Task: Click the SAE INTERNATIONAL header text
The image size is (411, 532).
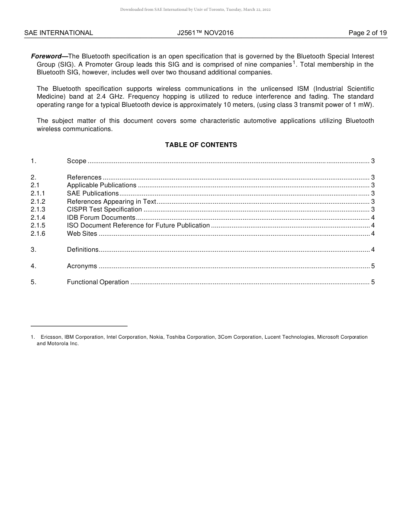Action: click(58, 33)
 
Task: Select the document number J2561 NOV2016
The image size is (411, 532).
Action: click(205, 33)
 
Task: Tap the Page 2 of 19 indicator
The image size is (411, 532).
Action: click(367, 33)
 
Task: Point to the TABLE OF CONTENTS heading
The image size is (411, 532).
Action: click(201, 145)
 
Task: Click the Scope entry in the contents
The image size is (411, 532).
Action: click(77, 161)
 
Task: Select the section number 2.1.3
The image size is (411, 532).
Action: click(38, 209)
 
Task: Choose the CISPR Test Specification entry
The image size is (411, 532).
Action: click(104, 209)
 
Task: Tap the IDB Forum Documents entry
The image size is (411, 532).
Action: click(101, 218)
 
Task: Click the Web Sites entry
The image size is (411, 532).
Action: click(82, 234)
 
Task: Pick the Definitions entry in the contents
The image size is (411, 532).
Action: click(83, 250)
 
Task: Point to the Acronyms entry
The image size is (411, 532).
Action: click(82, 266)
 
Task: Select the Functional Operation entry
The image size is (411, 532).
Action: click(98, 282)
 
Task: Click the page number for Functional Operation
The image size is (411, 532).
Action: click(372, 282)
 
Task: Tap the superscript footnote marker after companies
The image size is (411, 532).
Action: click(294, 62)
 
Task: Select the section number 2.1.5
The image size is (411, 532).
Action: click(38, 225)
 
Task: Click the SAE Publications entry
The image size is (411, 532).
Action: click(93, 193)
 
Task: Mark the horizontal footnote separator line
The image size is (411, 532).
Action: click(79, 326)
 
